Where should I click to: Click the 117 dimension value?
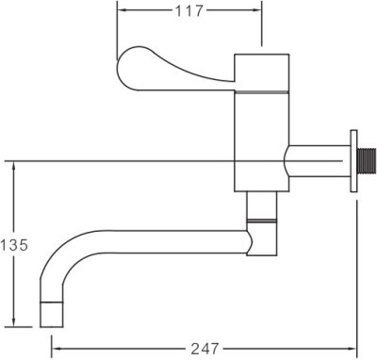[x=189, y=11]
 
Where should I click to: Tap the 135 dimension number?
[x=14, y=245]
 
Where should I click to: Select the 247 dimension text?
[x=205, y=349]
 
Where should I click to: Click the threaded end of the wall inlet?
[x=367, y=161]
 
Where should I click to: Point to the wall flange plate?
[x=353, y=161]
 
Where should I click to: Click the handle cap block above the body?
[x=262, y=73]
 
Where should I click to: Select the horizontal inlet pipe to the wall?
[x=318, y=161]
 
